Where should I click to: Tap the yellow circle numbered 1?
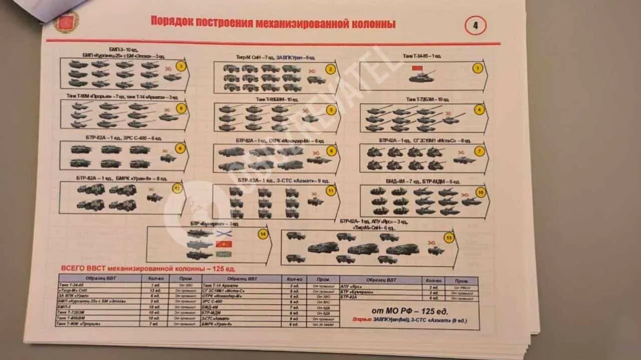[x=478, y=68]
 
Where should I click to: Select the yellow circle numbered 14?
[x=263, y=234]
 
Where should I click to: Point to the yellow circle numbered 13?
[x=449, y=238]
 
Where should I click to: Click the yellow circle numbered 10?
[x=481, y=192]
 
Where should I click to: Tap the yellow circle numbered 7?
[x=479, y=150]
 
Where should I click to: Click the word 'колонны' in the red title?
[x=373, y=24]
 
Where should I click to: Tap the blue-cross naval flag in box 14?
[x=223, y=233]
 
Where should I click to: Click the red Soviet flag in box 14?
[x=223, y=244]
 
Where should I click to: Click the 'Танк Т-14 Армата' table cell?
[x=220, y=285]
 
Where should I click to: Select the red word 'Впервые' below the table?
[x=362, y=320]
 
